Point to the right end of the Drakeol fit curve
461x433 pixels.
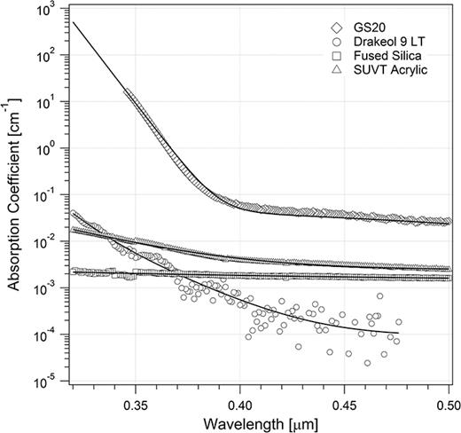pyautogui.click(x=422, y=333)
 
